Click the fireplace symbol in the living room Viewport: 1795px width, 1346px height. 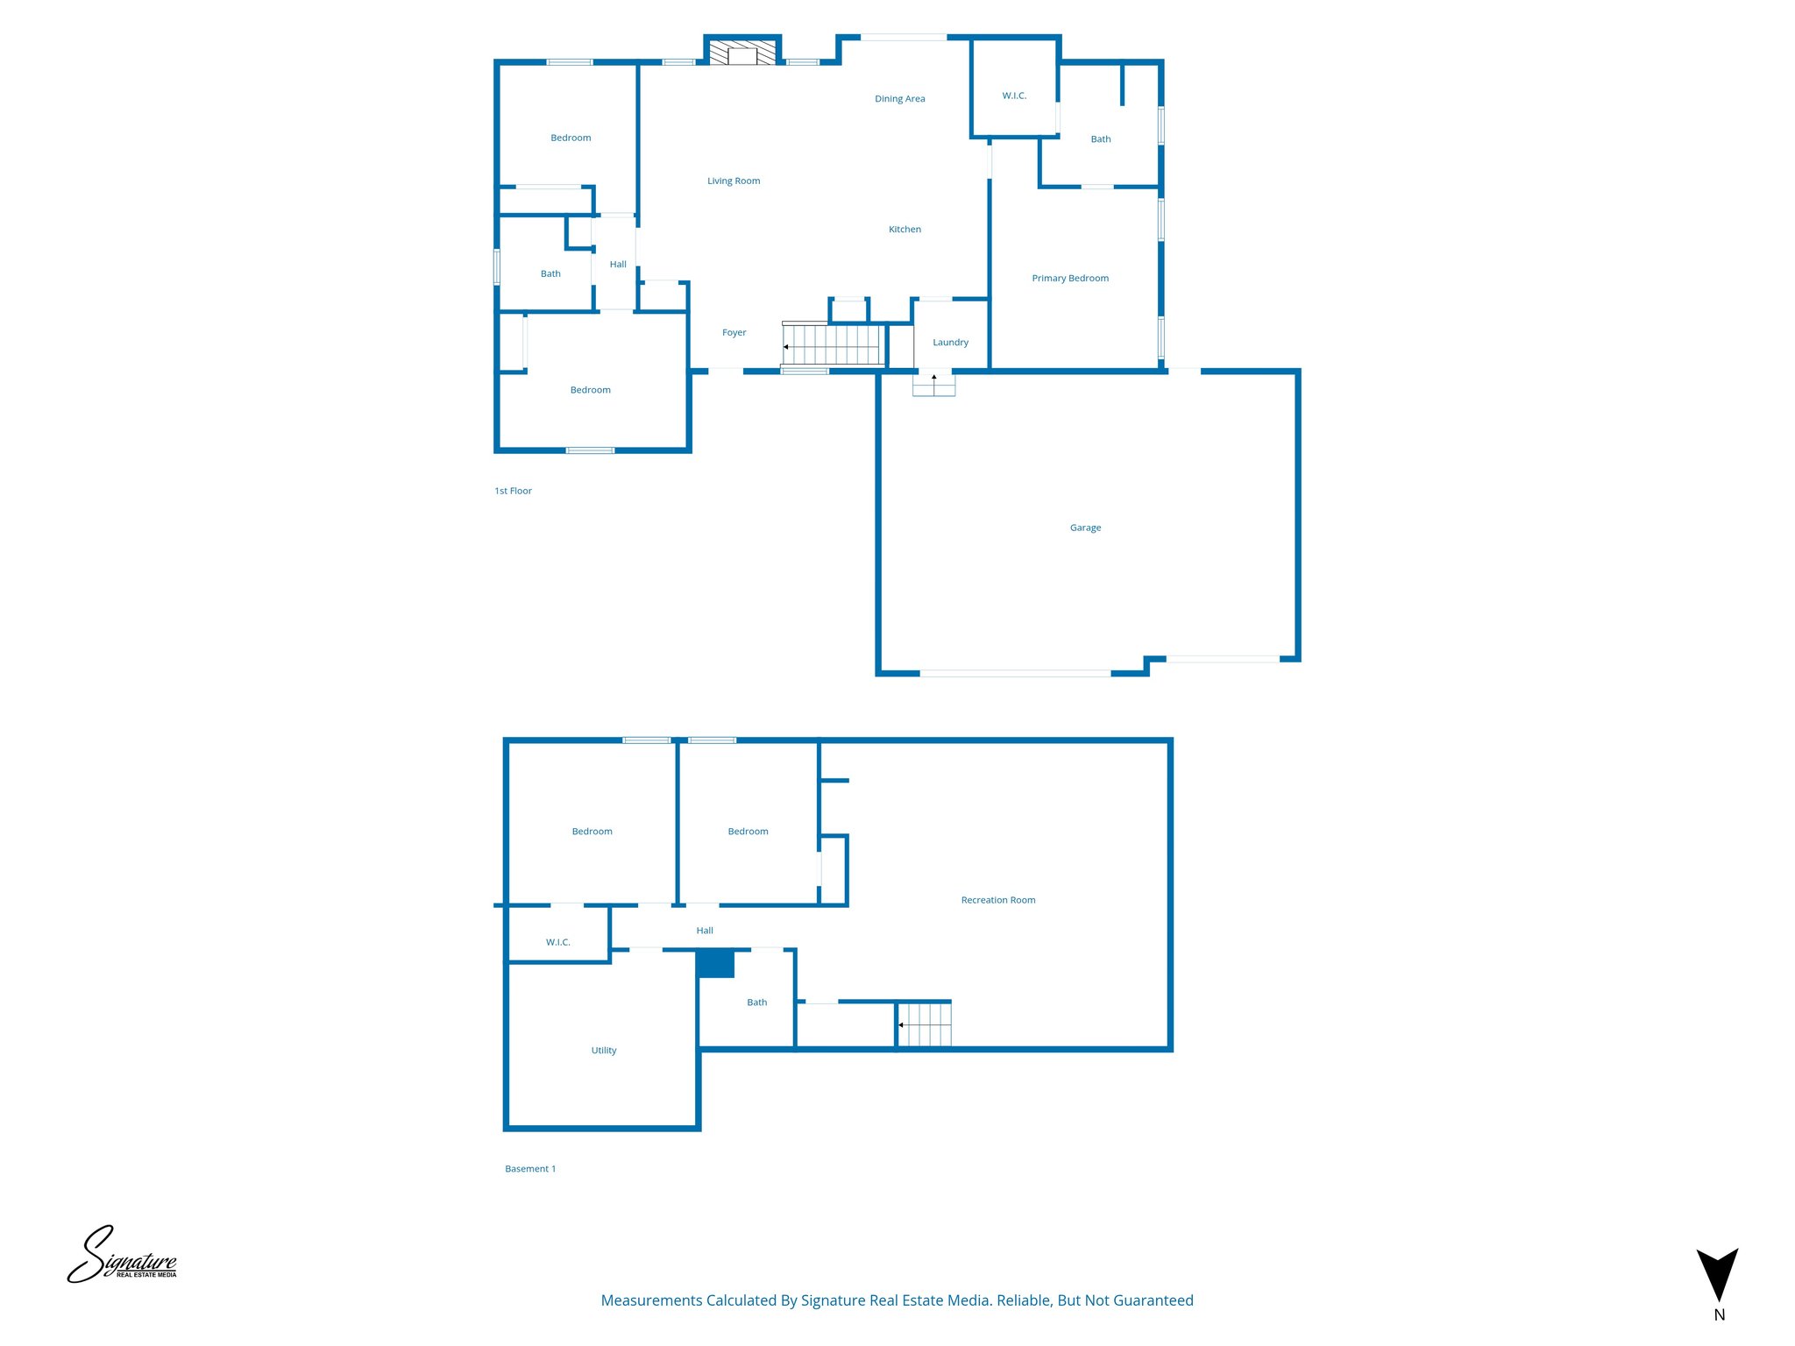tap(742, 53)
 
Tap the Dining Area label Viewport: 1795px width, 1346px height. tap(899, 99)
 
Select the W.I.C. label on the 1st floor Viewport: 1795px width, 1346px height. tap(1014, 96)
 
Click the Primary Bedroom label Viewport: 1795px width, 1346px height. tap(1069, 279)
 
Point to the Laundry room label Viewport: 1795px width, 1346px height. tap(950, 343)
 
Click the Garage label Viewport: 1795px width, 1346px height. tap(1085, 528)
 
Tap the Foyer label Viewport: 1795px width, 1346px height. tap(734, 333)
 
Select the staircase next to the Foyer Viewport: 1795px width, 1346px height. tap(832, 344)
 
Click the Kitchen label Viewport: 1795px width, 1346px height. tap(905, 230)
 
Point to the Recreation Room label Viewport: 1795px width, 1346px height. tap(997, 900)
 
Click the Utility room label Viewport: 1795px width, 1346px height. tap(603, 1051)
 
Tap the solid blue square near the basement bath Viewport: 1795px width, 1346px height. tap(715, 964)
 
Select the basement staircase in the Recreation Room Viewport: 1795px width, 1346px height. tap(925, 1024)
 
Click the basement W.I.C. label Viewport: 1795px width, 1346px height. tap(557, 943)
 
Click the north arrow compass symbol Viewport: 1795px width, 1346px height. tap(1717, 1275)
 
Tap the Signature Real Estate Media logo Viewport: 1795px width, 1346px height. tap(122, 1256)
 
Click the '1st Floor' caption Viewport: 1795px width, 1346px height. tap(513, 492)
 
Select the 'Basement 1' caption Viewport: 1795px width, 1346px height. tap(529, 1169)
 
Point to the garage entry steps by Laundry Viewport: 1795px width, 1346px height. tap(933, 384)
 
